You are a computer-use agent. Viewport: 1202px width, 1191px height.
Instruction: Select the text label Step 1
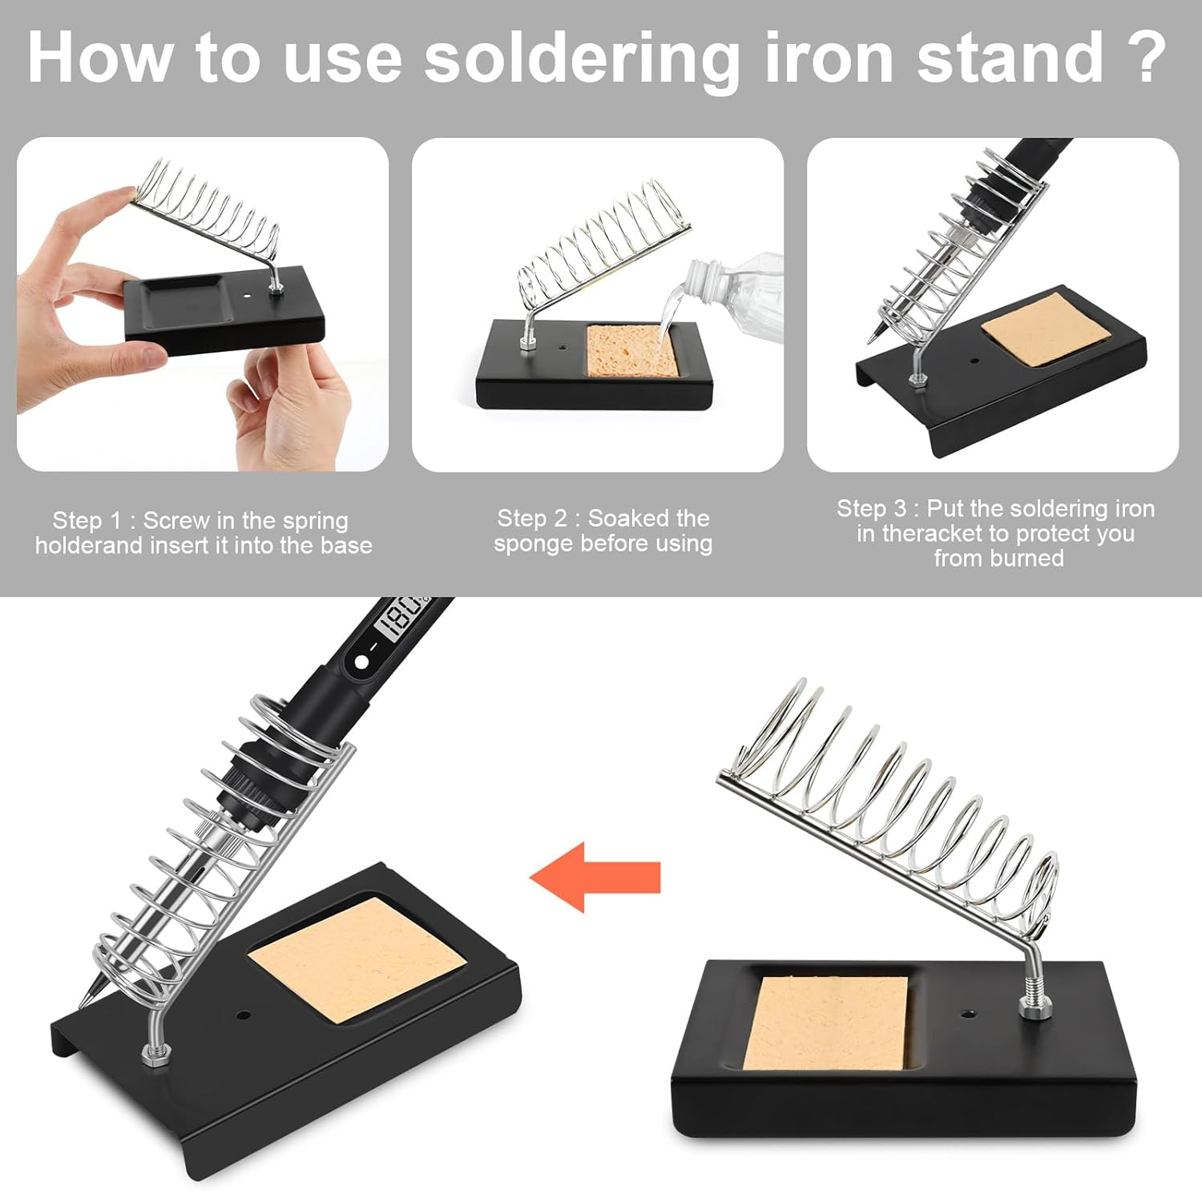(87, 520)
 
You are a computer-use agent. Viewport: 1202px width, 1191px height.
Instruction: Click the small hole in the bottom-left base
(243, 1015)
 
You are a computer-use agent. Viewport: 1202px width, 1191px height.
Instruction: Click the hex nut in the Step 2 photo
(528, 343)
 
